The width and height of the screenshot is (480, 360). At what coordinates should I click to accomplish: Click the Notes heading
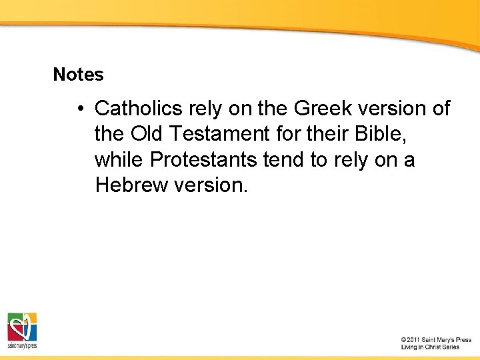[x=78, y=75]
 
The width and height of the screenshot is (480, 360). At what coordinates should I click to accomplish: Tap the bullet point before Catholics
[x=79, y=108]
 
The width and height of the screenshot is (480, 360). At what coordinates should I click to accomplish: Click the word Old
[x=146, y=134]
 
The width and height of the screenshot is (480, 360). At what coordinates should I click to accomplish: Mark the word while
[x=119, y=160]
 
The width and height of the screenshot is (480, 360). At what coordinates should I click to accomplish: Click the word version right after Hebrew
[x=211, y=185]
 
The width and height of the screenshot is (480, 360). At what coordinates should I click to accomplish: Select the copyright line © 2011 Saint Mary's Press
[x=436, y=340]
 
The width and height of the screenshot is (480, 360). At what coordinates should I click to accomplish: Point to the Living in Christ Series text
[x=430, y=347]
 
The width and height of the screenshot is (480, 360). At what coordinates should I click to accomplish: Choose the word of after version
[x=441, y=108]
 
